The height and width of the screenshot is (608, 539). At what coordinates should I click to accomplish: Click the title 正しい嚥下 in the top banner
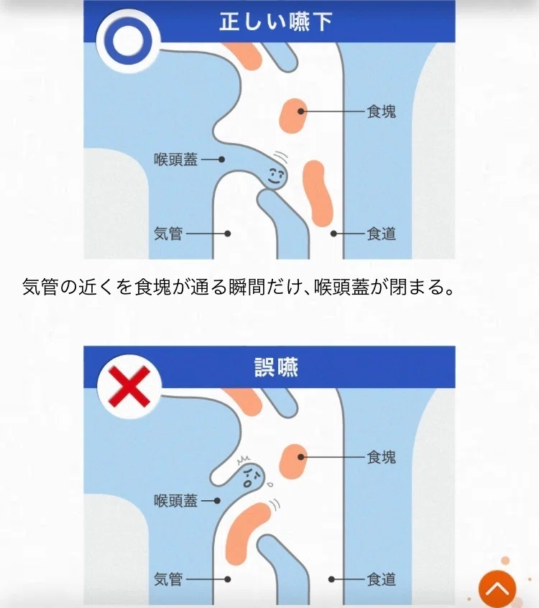click(276, 22)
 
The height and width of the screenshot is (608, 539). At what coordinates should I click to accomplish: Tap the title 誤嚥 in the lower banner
click(276, 367)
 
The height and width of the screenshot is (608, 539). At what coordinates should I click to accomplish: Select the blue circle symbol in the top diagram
click(128, 41)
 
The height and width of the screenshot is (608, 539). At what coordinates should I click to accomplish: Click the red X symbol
click(129, 387)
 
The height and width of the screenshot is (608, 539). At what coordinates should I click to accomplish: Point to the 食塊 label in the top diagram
click(381, 111)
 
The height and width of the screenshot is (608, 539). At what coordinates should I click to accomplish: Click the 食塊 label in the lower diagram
click(381, 457)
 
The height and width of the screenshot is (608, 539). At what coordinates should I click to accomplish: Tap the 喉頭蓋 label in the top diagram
click(175, 160)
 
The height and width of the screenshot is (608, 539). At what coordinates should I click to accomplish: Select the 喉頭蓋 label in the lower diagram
click(175, 501)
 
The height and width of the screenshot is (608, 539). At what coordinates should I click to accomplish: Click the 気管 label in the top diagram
click(168, 234)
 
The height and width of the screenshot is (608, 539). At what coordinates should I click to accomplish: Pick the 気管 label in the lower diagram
click(168, 579)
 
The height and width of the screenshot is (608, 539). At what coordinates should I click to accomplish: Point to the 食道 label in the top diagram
click(381, 234)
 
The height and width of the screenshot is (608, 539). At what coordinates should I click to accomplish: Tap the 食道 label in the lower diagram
click(381, 579)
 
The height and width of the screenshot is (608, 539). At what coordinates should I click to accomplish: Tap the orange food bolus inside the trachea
click(247, 533)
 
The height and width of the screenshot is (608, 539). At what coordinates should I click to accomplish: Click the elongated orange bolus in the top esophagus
click(318, 194)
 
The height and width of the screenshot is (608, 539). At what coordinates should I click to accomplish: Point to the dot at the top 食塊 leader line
click(301, 111)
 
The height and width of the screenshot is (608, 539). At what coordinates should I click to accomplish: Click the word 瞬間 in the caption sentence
click(247, 287)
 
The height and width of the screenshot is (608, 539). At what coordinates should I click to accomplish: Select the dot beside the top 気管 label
click(228, 234)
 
